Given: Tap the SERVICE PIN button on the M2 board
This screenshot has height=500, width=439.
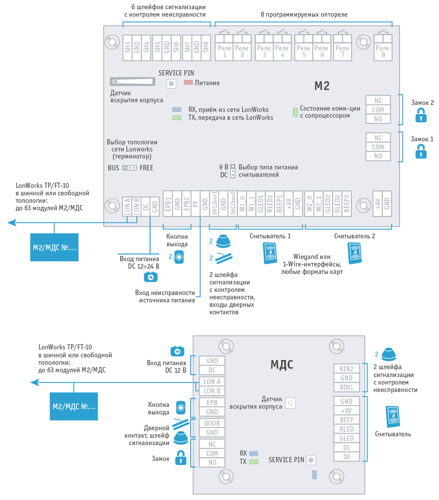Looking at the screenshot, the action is pos(171,83).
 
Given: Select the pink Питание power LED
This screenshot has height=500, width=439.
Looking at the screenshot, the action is pos(188,82).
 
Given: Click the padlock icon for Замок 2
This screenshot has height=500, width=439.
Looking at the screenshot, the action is pos(421,115).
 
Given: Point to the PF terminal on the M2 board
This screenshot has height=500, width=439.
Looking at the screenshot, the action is pos(196,204).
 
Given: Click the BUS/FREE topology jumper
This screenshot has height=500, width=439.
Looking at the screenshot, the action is pos(129,168).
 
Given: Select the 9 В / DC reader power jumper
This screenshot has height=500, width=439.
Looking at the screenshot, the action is pos(233,171).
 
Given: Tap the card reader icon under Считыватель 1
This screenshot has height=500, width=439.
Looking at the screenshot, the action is pos(270,253).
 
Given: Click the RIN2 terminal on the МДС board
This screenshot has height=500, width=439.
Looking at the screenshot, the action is pos(346,369).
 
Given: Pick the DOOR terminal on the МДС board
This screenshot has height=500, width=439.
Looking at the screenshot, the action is pos(212,423).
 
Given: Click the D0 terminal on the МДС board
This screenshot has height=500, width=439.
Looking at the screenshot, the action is pos(346,457).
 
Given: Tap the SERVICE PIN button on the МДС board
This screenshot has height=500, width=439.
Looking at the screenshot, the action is pos(311,460).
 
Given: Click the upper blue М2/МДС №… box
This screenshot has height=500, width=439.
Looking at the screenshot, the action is pos(54,247).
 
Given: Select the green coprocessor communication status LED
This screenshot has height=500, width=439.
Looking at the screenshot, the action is pos(295,112).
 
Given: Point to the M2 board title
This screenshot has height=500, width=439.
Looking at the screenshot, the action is pos(322,86).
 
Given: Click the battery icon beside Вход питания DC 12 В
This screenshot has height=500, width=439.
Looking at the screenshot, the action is pos(178,351).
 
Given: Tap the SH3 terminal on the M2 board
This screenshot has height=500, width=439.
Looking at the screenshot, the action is pos(128,47).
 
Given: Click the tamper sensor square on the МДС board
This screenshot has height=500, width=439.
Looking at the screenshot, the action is pos(290,403).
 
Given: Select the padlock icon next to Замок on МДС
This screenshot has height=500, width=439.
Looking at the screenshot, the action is pos(181,457).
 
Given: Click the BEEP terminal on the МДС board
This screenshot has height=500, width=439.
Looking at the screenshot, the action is pos(346,420).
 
